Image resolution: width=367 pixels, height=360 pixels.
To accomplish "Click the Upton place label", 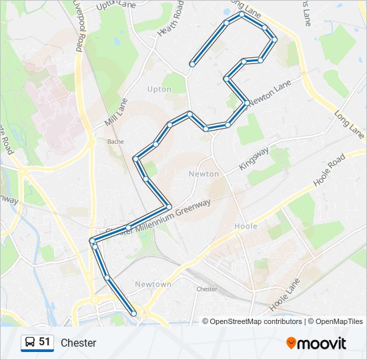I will coord(159,89).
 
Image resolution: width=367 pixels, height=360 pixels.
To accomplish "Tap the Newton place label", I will coord(204,174).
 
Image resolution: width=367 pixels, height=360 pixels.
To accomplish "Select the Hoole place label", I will coord(246,227).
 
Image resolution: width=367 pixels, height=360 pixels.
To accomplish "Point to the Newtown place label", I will coord(153,284).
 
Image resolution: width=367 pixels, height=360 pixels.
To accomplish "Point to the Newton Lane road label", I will coord(271,93).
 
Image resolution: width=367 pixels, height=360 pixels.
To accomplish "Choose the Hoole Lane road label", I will coord(285,295).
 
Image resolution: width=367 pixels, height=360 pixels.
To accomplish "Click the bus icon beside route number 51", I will coord(30,343).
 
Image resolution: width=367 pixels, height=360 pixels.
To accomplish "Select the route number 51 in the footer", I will coord(45,342).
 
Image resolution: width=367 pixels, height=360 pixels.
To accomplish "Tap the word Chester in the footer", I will coord(79,343).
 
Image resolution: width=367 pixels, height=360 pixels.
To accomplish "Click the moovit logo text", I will coord(322,343).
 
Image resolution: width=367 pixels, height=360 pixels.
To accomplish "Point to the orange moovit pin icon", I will coord(291,343).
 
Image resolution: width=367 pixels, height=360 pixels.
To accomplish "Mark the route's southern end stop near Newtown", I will coord(134,313).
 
